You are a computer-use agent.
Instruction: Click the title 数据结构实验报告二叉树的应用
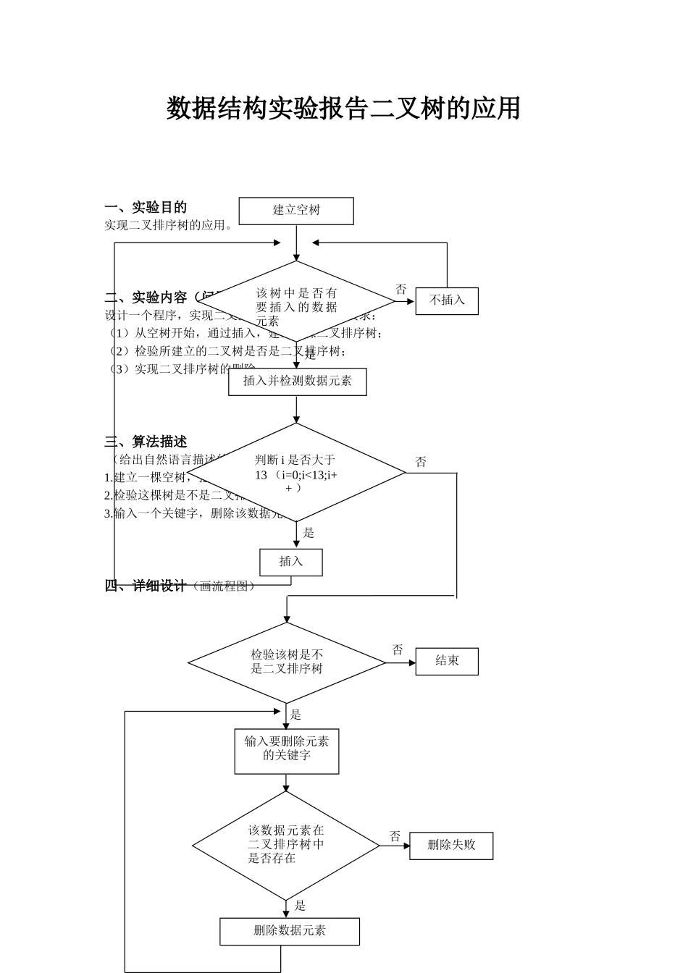(x=343, y=109)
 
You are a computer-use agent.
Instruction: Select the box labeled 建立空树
(x=296, y=211)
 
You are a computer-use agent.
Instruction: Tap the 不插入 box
(x=447, y=300)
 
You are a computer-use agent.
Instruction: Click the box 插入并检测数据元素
(x=297, y=382)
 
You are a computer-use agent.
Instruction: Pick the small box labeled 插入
(x=291, y=562)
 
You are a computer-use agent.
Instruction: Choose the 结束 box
(x=447, y=661)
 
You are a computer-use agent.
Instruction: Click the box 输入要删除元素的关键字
(x=287, y=751)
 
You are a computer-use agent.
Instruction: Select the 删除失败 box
(x=451, y=846)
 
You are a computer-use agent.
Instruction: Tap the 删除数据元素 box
(x=290, y=931)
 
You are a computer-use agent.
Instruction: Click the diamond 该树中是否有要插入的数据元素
(x=296, y=300)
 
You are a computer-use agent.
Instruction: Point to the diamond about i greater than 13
(x=296, y=473)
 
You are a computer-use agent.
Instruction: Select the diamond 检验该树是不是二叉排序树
(x=287, y=662)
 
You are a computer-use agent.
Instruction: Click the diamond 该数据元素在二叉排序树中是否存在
(x=286, y=845)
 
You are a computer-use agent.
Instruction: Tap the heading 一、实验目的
(x=146, y=207)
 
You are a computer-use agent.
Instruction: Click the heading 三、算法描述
(x=146, y=442)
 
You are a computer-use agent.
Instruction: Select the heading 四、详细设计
(x=146, y=586)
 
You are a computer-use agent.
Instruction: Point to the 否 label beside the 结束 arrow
(x=398, y=650)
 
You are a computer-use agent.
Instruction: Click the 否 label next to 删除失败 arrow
(x=395, y=837)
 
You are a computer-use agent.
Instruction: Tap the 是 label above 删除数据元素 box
(x=300, y=906)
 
